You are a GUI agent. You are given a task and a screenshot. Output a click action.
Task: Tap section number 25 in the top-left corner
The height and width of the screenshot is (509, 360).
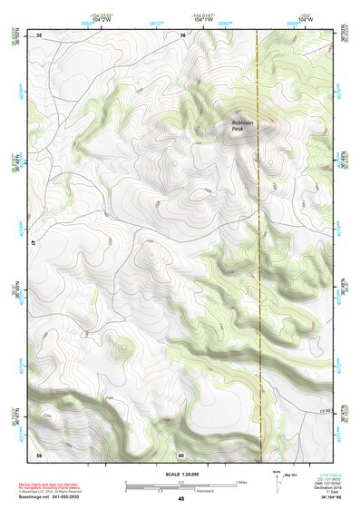coord(39,34)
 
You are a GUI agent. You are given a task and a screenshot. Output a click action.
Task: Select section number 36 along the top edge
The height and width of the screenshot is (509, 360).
coord(182,34)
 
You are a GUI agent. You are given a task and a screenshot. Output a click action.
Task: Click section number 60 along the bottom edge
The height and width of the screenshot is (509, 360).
coord(181,455)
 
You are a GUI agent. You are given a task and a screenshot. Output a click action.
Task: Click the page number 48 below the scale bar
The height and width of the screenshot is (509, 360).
coord(180,498)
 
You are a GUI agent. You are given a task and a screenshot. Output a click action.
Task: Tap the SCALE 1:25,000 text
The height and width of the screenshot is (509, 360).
coord(180,473)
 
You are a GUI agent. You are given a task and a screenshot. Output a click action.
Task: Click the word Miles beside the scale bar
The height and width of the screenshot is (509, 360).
coord(241,481)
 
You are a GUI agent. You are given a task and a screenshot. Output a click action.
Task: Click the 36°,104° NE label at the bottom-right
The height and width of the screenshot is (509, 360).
coord(324,498)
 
